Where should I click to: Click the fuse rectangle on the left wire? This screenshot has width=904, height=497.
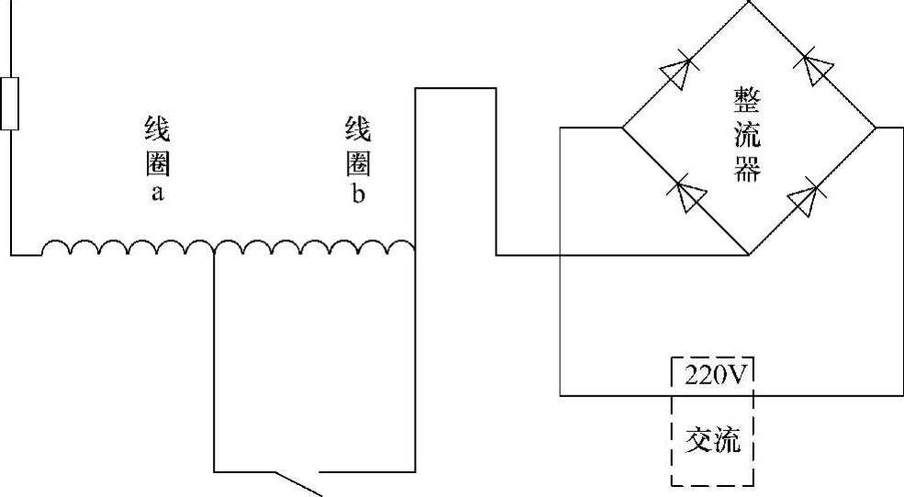(10, 104)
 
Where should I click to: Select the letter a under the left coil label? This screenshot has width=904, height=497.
(157, 194)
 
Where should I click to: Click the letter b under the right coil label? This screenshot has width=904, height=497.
(358, 194)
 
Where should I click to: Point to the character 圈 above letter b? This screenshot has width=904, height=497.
(358, 163)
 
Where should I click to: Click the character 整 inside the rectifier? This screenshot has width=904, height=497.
(747, 99)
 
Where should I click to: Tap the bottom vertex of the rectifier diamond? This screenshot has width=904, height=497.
(749, 254)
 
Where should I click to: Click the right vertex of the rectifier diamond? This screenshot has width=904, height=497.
(876, 127)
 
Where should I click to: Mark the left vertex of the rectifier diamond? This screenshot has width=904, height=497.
(623, 127)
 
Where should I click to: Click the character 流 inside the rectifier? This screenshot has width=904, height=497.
(747, 135)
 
